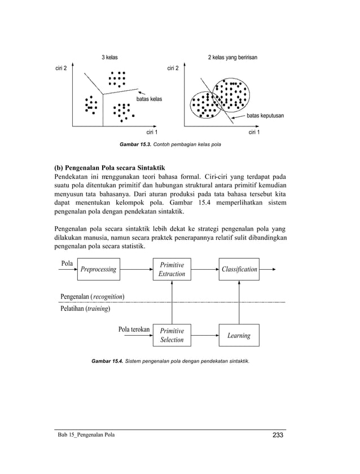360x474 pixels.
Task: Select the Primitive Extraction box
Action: pyautogui.click(x=172, y=269)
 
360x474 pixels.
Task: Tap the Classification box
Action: pyautogui.click(x=239, y=269)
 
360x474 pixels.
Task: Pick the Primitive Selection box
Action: pyautogui.click(x=172, y=335)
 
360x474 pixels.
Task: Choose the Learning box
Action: pyautogui.click(x=239, y=335)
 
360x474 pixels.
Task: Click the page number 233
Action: pyautogui.click(x=277, y=434)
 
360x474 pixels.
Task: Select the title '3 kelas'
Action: pyautogui.click(x=109, y=58)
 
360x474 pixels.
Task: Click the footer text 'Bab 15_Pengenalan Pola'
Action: pyautogui.click(x=86, y=435)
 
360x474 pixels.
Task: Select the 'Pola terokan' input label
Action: pyautogui.click(x=133, y=329)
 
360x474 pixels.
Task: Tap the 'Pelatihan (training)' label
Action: pyautogui.click(x=85, y=309)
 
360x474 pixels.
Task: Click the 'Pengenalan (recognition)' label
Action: pyautogui.click(x=93, y=296)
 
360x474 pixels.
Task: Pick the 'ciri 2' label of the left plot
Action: pyautogui.click(x=60, y=68)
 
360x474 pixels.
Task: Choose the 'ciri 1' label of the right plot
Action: pyautogui.click(x=254, y=133)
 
